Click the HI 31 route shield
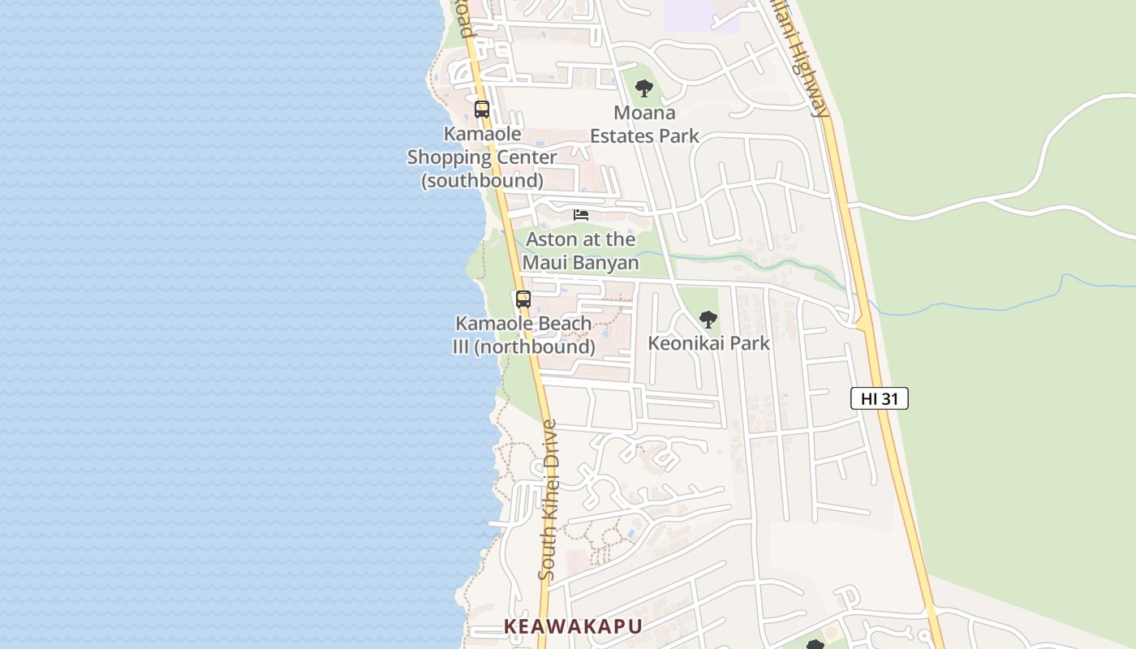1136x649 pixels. point(879,398)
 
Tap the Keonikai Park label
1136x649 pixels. point(708,343)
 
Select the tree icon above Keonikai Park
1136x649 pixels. point(708,319)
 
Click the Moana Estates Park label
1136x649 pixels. point(644,124)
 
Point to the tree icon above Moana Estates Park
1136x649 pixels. point(644,88)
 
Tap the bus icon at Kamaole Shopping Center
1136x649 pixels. point(482,110)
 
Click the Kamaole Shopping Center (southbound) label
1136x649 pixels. point(482,157)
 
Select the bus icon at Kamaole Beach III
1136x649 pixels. point(523,299)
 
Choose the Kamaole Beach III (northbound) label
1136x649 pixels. point(523,335)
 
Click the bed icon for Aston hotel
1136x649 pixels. point(581,215)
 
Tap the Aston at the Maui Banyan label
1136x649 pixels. point(580,251)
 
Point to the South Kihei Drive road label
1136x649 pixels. point(549,499)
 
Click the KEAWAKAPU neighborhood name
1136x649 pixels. point(573,626)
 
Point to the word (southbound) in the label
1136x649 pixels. point(482,180)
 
